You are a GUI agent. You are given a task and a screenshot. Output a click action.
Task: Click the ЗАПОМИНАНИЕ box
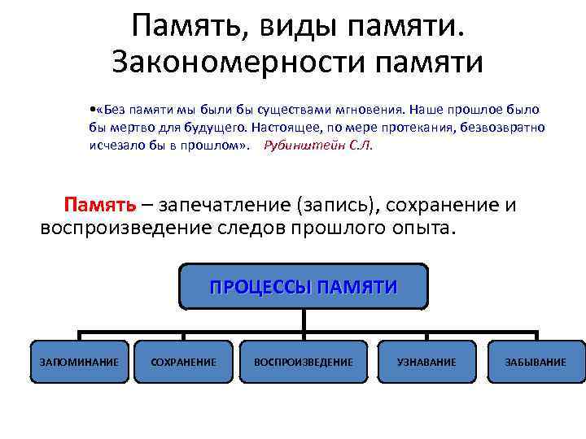click(x=79, y=362)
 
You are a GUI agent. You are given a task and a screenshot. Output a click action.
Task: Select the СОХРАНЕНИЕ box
click(x=184, y=362)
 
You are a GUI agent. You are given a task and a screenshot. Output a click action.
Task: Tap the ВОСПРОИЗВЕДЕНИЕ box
click(x=304, y=362)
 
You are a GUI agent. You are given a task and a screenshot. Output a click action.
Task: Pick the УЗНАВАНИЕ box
click(x=426, y=362)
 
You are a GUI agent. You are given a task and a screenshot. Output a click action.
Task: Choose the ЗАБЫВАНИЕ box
click(x=535, y=362)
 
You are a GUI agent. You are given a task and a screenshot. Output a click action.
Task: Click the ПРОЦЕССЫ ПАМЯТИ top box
click(x=304, y=287)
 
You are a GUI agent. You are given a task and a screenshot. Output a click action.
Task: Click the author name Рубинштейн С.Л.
click(x=318, y=146)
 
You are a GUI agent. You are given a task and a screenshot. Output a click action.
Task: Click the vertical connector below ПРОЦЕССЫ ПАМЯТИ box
click(x=304, y=320)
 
